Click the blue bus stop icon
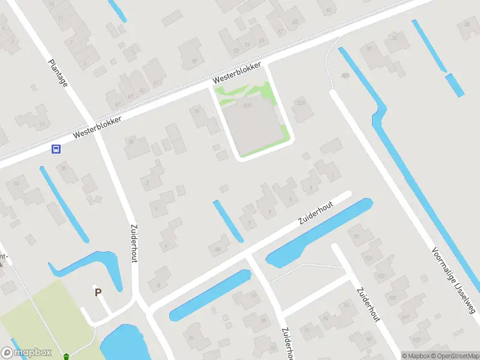(56, 149)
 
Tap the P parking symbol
(97, 292)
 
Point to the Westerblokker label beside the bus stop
(97, 128)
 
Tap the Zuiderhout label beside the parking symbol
(133, 244)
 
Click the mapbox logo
(26, 353)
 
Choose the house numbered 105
(393, 297)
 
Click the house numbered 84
(217, 247)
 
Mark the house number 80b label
(344, 75)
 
